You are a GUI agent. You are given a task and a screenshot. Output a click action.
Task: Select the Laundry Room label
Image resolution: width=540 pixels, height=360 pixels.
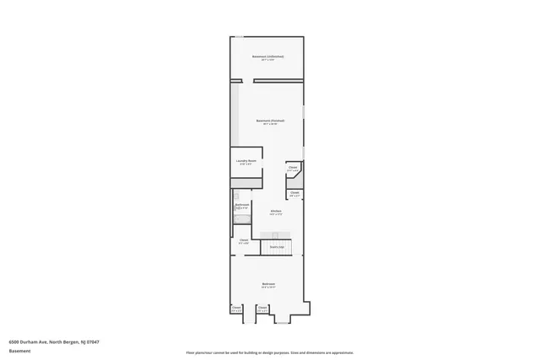tap(246, 162)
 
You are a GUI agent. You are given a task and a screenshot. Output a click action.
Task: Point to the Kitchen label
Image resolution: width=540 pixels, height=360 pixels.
tap(276, 212)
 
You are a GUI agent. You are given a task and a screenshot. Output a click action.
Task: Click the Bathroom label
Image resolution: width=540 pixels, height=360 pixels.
tap(241, 206)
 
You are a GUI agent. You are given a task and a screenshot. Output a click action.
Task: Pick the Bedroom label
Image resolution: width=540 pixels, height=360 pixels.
tap(268, 285)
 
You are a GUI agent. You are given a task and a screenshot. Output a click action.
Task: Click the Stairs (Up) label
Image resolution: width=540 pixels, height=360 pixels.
tap(276, 246)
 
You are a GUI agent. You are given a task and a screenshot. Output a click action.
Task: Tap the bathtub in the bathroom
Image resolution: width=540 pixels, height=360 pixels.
tap(242, 220)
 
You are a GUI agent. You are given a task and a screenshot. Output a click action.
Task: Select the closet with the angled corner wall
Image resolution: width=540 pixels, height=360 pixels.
tap(294, 169)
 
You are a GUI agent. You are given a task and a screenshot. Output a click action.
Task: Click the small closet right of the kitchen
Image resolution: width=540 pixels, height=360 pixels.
tap(294, 194)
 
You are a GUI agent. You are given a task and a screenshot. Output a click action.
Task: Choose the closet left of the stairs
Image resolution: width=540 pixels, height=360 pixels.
tap(244, 242)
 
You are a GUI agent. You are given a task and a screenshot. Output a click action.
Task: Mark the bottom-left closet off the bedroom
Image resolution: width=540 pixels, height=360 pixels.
tap(236, 309)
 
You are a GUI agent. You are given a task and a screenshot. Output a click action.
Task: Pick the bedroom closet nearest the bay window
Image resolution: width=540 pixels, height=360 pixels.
tap(262, 309)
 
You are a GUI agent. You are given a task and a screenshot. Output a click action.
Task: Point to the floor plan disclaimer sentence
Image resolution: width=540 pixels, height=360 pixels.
tap(269, 352)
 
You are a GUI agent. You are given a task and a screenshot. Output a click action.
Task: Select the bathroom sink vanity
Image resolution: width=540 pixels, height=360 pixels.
tap(237, 196)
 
